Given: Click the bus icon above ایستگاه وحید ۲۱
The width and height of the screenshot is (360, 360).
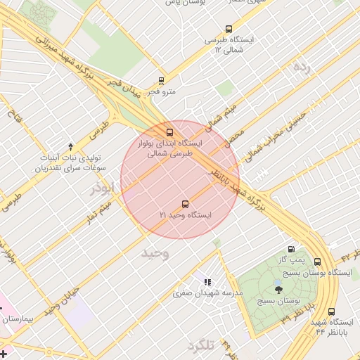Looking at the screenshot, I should [186, 204].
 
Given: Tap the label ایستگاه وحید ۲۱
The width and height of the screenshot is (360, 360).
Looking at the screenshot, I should [186, 214].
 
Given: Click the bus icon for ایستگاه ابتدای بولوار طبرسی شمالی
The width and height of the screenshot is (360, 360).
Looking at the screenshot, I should [169, 132].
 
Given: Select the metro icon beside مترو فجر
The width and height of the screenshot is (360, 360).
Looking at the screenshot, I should [162, 80].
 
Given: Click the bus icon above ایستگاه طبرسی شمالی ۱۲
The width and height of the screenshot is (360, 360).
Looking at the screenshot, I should [229, 29].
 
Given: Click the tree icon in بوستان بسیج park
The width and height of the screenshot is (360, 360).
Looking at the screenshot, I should [278, 287].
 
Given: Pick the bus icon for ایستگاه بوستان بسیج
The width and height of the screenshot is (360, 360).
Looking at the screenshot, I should [318, 261].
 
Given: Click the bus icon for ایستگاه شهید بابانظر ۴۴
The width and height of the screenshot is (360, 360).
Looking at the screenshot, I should [331, 311].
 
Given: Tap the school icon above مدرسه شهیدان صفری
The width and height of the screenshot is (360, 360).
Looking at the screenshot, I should [207, 282].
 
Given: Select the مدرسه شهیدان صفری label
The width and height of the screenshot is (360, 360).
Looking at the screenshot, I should [207, 292].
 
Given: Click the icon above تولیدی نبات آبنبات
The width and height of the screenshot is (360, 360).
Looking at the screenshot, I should [70, 147].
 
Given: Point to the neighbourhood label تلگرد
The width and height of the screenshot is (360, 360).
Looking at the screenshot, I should [200, 346].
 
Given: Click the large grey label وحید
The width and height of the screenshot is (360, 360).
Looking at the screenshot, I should [155, 252].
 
